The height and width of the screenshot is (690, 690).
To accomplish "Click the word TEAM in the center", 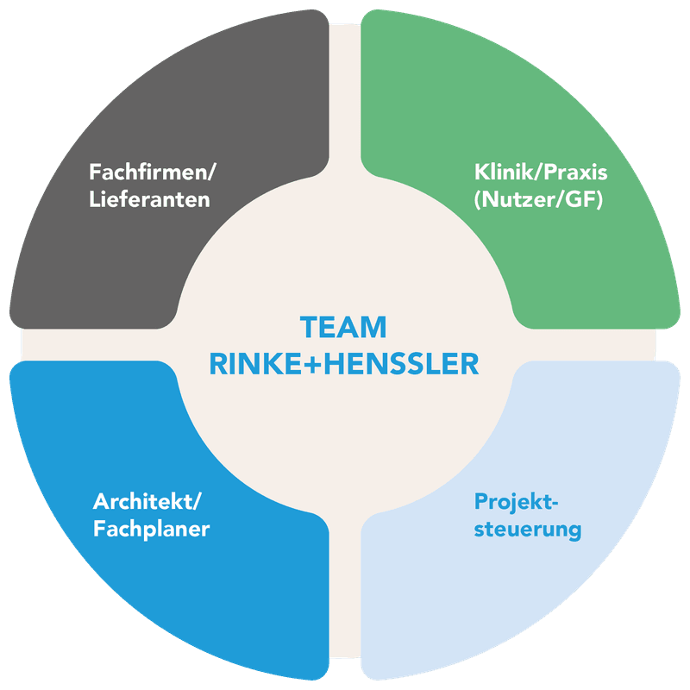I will pyautogui.click(x=343, y=329).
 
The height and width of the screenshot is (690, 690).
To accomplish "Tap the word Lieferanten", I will pyautogui.click(x=150, y=200).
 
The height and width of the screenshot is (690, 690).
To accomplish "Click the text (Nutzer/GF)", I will pyautogui.click(x=537, y=200).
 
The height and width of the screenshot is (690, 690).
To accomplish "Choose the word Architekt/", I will pyautogui.click(x=150, y=501).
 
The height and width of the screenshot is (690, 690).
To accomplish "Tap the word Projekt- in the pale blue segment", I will pyautogui.click(x=517, y=501).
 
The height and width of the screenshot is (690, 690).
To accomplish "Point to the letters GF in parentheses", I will pyautogui.click(x=584, y=200).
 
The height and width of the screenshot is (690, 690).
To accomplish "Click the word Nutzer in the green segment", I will pyautogui.click(x=519, y=200).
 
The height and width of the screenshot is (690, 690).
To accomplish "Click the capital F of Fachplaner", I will pyautogui.click(x=99, y=529).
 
